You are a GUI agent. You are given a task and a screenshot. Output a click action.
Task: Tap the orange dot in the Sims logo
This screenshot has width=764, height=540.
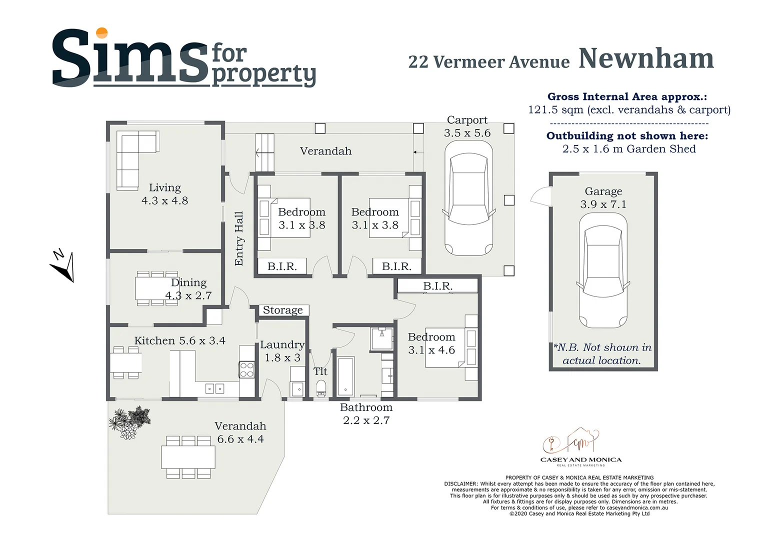tap(101, 33)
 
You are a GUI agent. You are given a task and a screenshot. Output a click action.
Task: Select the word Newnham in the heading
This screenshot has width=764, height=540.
tap(646, 59)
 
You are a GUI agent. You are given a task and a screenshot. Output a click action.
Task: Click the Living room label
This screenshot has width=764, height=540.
tap(164, 188)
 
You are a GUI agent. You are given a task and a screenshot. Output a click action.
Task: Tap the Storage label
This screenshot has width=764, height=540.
tap(282, 310)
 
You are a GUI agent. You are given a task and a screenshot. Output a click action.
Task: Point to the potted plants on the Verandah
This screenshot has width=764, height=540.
tap(129, 423)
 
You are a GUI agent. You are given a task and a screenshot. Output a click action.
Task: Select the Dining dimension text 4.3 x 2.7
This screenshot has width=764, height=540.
tap(188, 295)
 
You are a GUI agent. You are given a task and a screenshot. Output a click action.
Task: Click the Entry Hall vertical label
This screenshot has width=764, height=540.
tap(239, 238)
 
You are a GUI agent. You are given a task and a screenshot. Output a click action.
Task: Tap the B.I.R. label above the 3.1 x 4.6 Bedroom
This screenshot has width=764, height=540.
tap(437, 286)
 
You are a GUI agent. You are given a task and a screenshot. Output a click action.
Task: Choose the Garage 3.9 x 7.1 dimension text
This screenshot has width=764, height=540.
tap(603, 204)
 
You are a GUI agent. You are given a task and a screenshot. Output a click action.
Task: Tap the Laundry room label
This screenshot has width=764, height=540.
tap(282, 345)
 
